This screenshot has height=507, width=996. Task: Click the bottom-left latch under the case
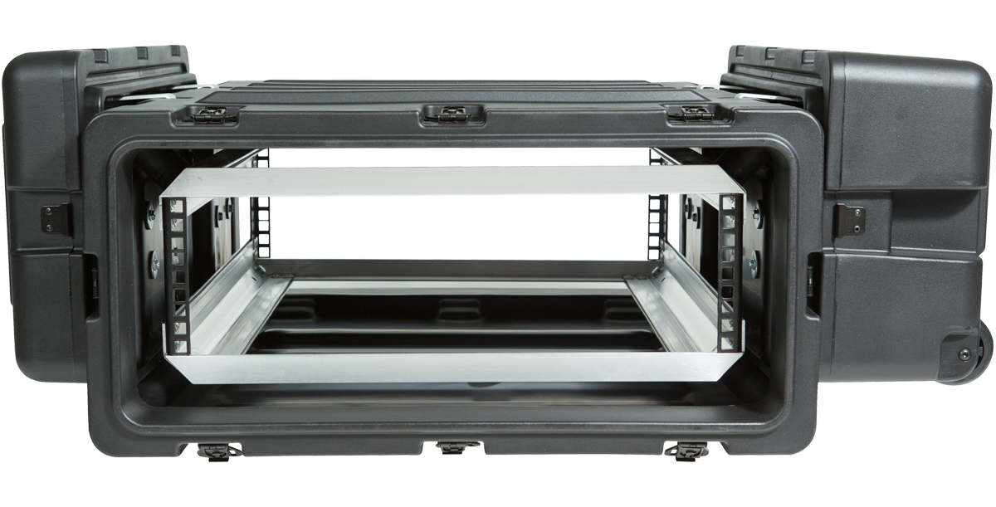(219, 451)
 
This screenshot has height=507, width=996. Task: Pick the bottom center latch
(453, 449)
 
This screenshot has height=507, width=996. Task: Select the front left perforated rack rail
(176, 274)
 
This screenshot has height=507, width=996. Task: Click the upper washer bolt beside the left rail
(151, 215)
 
